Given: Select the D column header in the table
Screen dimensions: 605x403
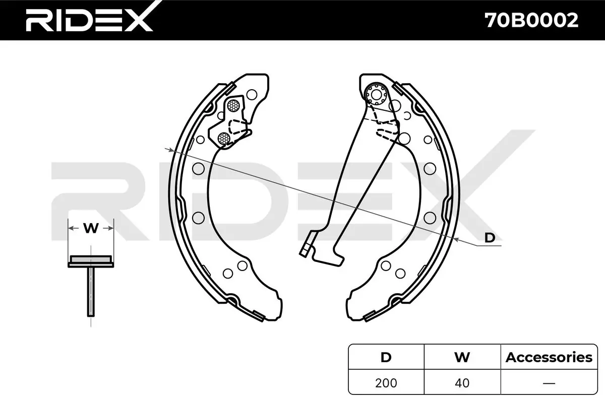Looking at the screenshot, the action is (386, 357).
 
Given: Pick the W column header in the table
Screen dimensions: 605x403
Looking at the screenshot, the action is (462, 357).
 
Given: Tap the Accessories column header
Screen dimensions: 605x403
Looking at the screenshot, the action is (549, 357).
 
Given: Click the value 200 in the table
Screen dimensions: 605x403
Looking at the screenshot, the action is (386, 383).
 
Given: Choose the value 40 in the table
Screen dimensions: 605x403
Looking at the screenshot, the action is (462, 383).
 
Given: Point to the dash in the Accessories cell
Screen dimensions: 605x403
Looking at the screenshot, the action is (549, 383).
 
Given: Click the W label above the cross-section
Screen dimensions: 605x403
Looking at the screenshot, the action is (91, 228).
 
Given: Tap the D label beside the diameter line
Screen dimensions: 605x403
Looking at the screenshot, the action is (490, 238).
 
